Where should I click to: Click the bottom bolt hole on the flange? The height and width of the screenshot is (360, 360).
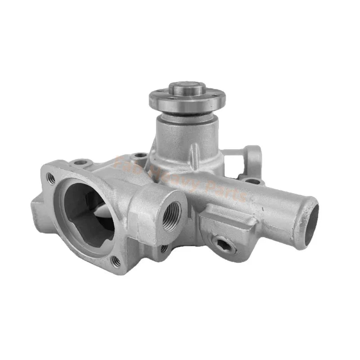pos(116,261)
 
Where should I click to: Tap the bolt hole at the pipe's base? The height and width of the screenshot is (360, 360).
pos(253,181)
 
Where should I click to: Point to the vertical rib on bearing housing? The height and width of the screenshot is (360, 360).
pos(193,153)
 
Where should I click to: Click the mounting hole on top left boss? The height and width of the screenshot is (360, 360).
pos(80,162)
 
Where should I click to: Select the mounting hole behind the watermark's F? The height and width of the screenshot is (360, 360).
pos(140,156)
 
